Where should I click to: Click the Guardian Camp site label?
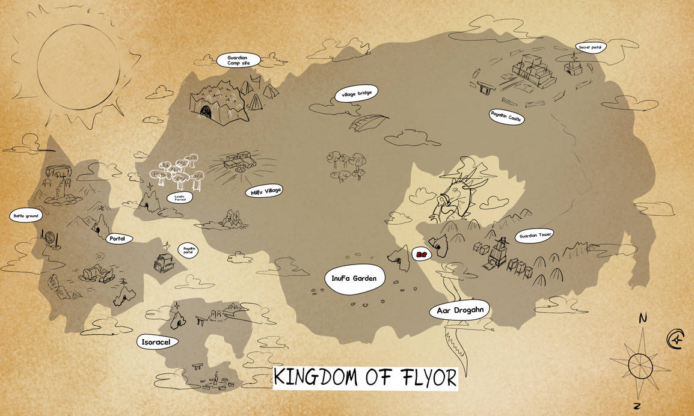click(x=238, y=60)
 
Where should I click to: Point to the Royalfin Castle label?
click(x=506, y=116)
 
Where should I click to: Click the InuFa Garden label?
click(x=354, y=278)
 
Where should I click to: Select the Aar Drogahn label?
click(x=459, y=311)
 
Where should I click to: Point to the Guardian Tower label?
click(x=534, y=235)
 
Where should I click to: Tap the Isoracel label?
click(x=156, y=341)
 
